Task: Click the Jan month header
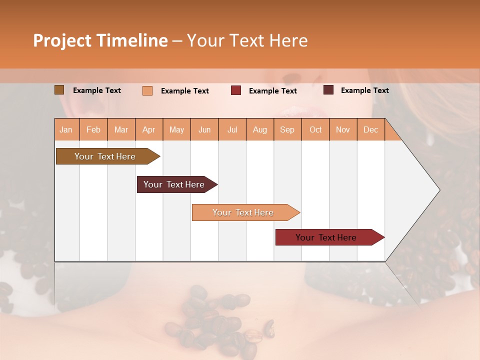[66, 129]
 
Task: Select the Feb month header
[93, 129]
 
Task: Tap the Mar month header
[121, 129]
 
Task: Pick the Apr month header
[149, 129]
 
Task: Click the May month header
[176, 129]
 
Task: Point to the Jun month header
[204, 129]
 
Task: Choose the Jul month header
[232, 129]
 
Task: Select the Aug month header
[259, 129]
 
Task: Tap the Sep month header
[287, 129]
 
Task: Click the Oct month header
[315, 129]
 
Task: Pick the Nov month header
[343, 129]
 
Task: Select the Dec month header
[370, 129]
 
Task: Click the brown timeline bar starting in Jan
[105, 156]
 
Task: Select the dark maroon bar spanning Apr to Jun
[174, 184]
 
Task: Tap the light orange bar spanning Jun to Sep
[243, 212]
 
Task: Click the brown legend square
[59, 90]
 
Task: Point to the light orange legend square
[147, 90]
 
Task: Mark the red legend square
[236, 90]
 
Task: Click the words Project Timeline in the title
[100, 40]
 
